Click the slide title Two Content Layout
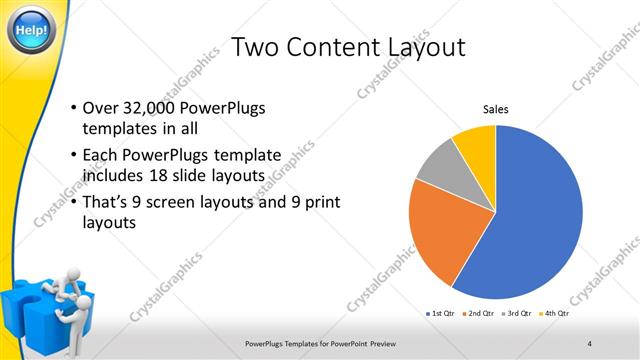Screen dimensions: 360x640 tap(347, 46)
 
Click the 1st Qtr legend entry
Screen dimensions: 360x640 tap(440, 314)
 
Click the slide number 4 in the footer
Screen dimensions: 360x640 tap(589, 343)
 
